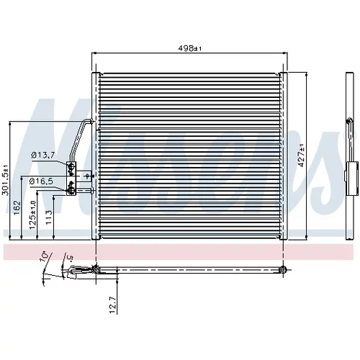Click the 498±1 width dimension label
(x=189, y=48)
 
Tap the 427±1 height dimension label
(x=301, y=156)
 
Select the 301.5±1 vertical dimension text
(x=5, y=180)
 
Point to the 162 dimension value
(x=17, y=208)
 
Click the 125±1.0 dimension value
(x=32, y=215)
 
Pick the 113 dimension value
(x=49, y=217)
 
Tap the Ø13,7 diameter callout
(x=43, y=156)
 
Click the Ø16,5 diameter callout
(x=41, y=181)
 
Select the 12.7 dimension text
(x=112, y=305)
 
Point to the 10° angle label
(x=45, y=257)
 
